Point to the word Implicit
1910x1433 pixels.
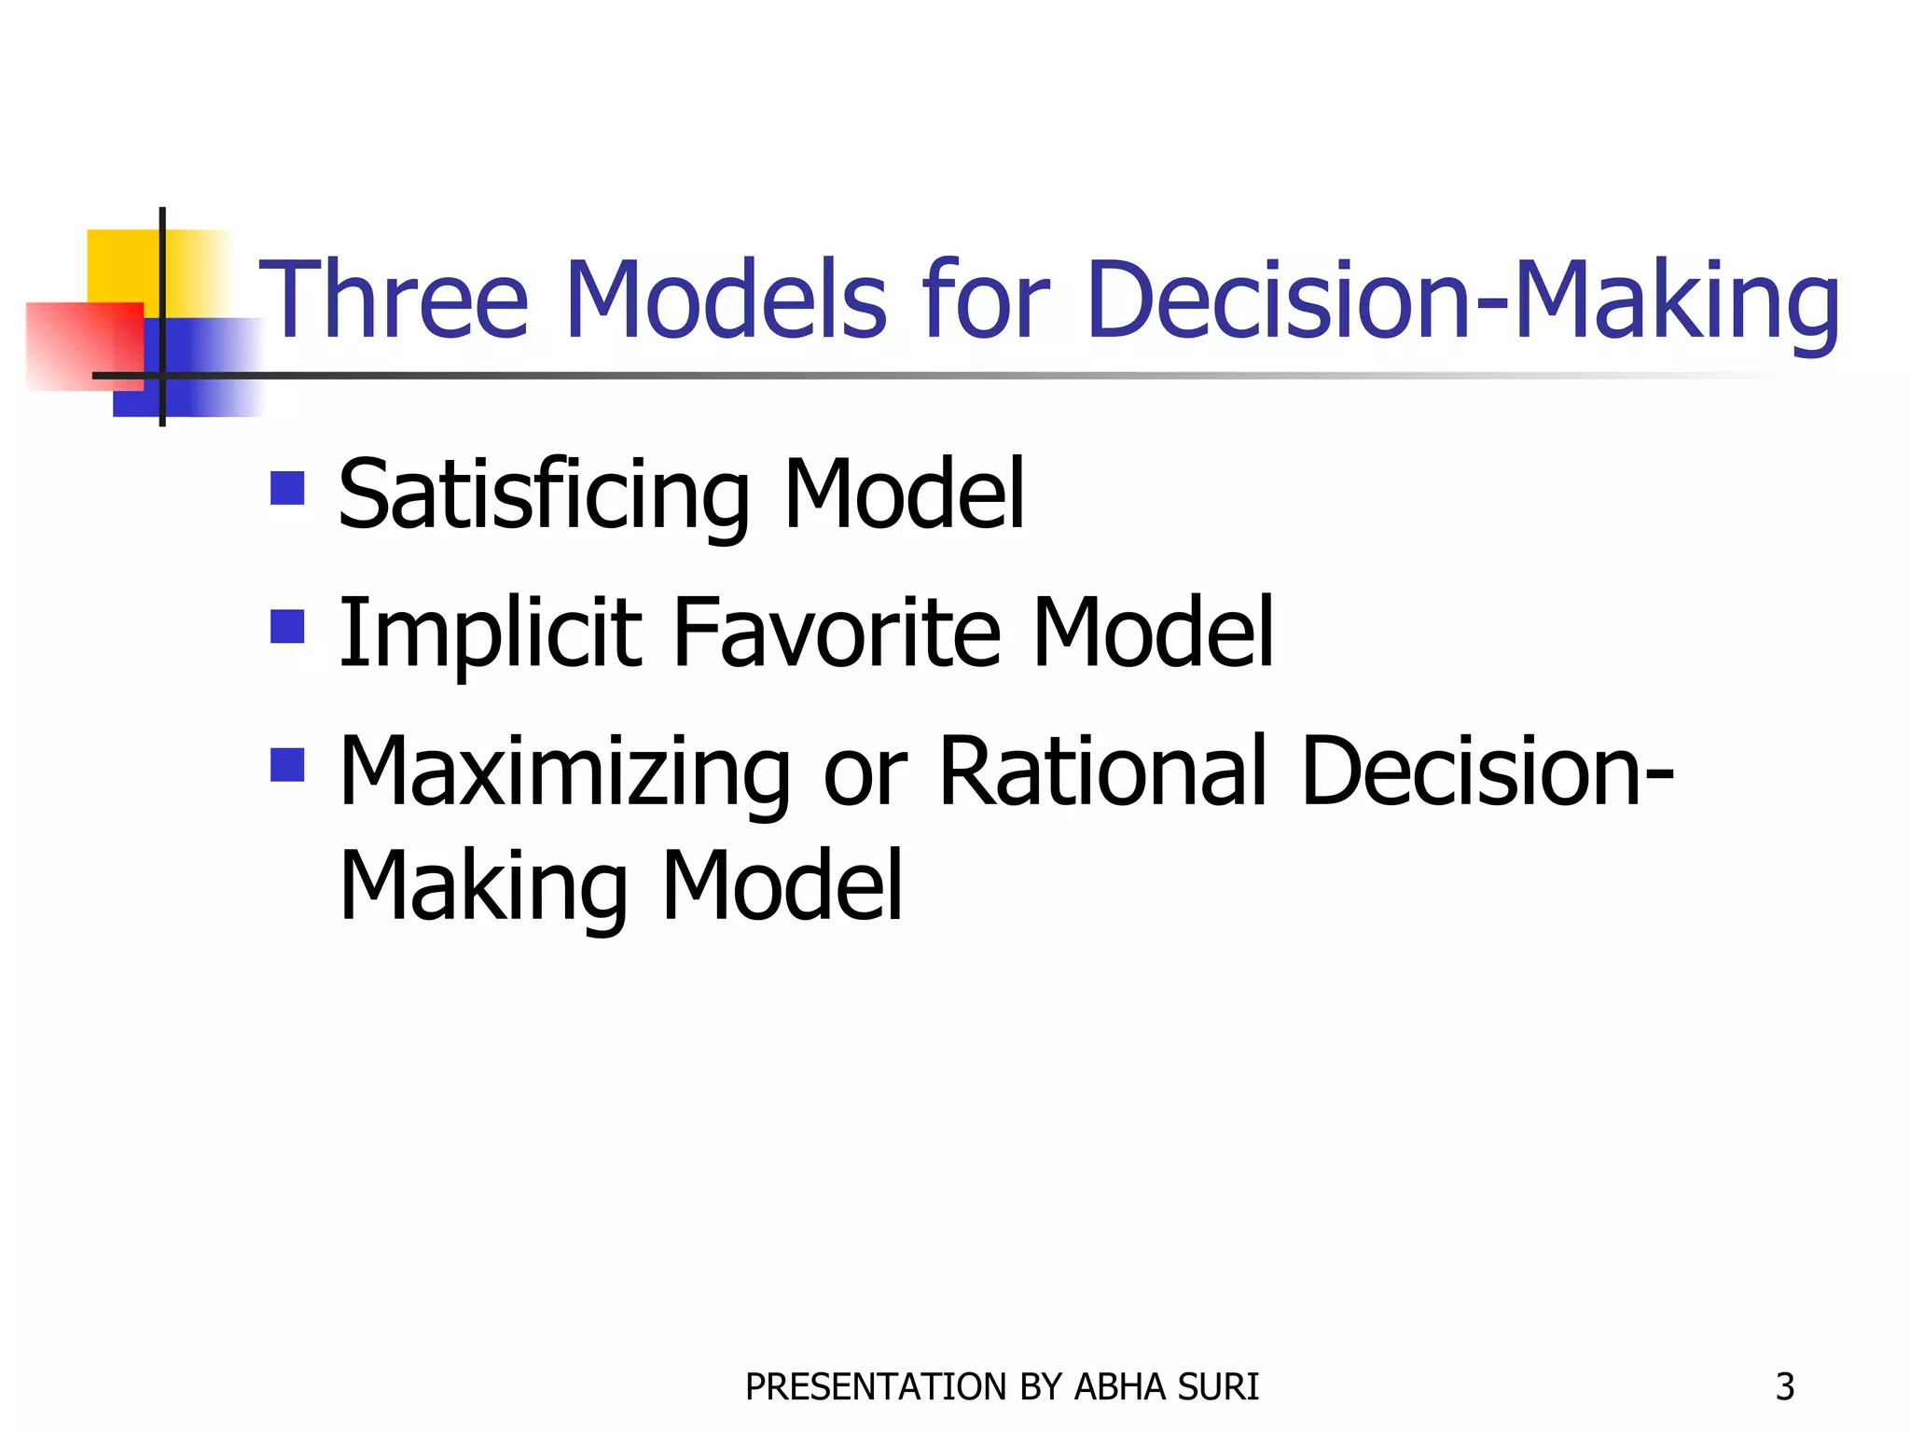[490, 634]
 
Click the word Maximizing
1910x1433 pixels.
[565, 772]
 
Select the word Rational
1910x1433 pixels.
[1103, 772]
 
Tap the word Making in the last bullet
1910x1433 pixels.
[484, 886]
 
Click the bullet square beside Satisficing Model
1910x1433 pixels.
[287, 488]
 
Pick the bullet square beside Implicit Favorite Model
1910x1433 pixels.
[287, 627]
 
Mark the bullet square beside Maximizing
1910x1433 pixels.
[287, 765]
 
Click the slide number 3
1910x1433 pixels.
[1784, 1387]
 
